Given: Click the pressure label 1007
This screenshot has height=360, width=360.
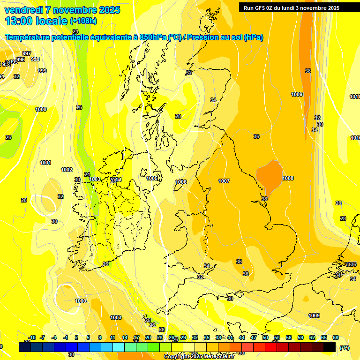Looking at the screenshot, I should pos(224,181).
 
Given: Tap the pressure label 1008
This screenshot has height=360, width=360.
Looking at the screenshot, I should pos(288,178).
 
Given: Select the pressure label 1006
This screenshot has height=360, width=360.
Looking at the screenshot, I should pos(181,182).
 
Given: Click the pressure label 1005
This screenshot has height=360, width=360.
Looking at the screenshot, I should pos(152,178).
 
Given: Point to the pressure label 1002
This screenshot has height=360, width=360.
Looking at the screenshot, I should pos(67,170).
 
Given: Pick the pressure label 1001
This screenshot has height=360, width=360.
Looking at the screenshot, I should pos(45,163).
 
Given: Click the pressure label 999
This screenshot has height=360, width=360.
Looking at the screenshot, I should pos(42,71).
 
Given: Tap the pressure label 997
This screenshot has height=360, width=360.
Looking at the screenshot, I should pos(27,53).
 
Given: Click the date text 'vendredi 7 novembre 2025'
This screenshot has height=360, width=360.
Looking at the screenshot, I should pos(62,10).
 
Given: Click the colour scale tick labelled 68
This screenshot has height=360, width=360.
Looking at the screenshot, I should pos(336,337).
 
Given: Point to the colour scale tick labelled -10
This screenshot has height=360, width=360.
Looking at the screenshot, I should pos(32,337).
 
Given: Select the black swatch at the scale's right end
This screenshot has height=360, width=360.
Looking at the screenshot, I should pos(330,347).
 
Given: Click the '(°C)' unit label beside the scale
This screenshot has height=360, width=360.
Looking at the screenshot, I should pos(345,348).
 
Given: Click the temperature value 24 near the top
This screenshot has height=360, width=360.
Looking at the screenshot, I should pos(75,45).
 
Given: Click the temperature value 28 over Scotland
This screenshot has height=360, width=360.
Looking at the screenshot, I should pos(178,116).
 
